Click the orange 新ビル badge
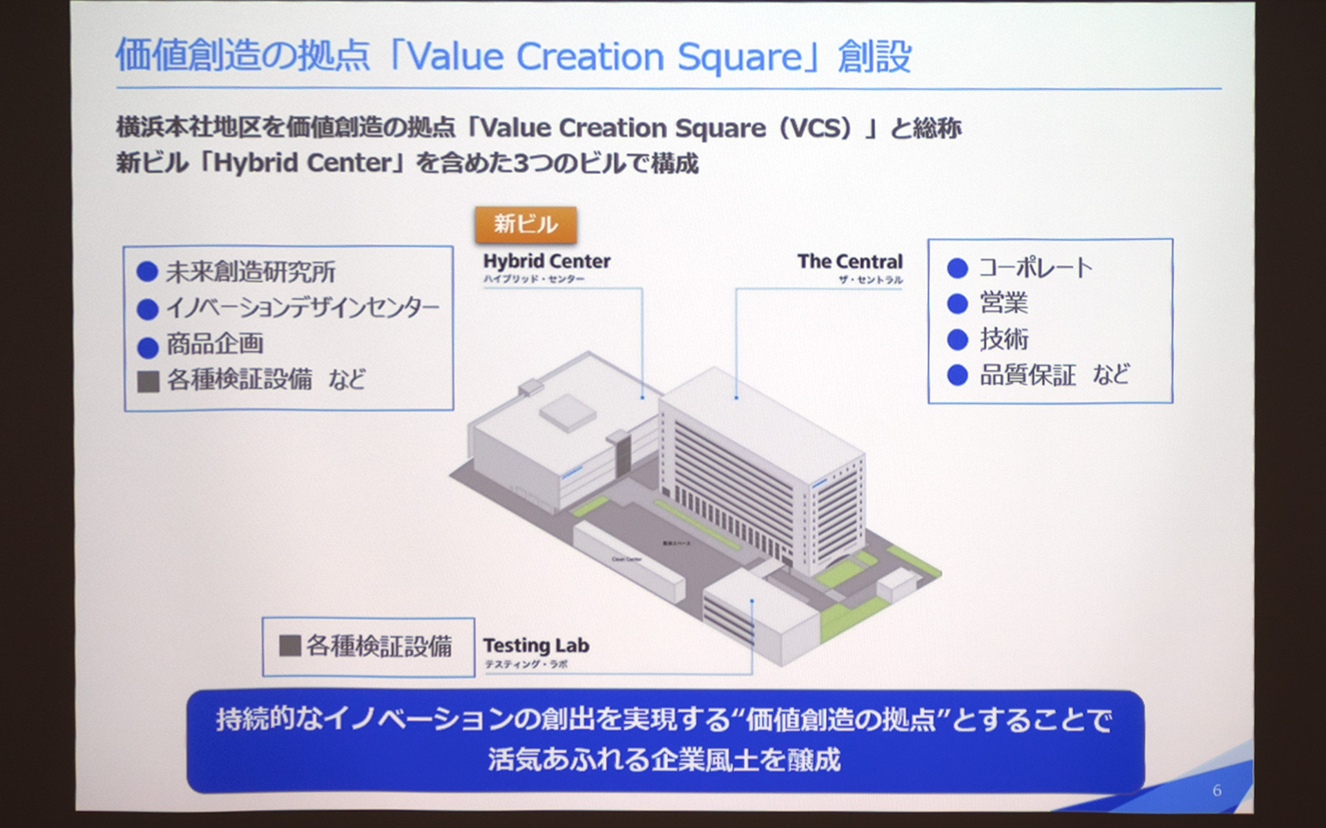click(x=526, y=224)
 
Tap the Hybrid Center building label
click(x=546, y=262)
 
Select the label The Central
click(x=849, y=262)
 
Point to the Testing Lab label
click(x=536, y=646)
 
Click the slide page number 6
click(x=1217, y=791)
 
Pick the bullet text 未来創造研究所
click(x=251, y=272)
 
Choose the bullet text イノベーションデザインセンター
click(x=302, y=308)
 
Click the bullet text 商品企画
click(x=215, y=344)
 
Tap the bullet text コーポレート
click(x=1035, y=268)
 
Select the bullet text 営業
click(x=1003, y=303)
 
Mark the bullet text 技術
click(x=1003, y=339)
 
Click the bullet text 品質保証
click(x=1028, y=375)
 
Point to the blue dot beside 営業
click(x=957, y=304)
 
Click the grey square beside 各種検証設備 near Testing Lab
click(x=289, y=646)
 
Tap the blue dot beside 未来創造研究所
click(x=147, y=272)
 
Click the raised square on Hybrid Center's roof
click(x=568, y=413)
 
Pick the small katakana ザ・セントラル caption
click(x=870, y=279)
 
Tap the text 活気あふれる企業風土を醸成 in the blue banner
click(x=664, y=760)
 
